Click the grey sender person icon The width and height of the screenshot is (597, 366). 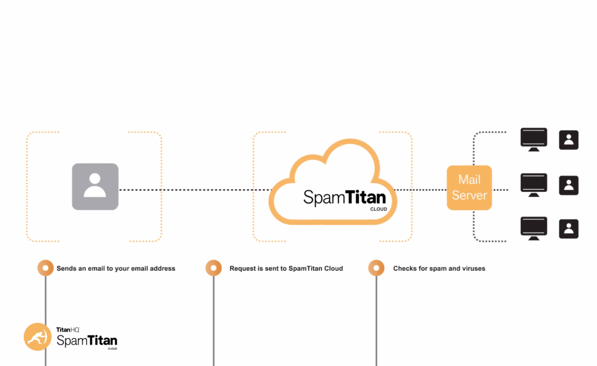pyautogui.click(x=95, y=187)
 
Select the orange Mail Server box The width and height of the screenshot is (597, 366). pyautogui.click(x=469, y=188)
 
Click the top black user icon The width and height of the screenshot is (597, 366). pyautogui.click(x=568, y=140)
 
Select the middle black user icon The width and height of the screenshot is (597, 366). pyautogui.click(x=568, y=185)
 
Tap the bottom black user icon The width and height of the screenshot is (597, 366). pyautogui.click(x=568, y=229)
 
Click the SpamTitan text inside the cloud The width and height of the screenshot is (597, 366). pyautogui.click(x=344, y=198)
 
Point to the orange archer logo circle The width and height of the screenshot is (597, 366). pyautogui.click(x=38, y=337)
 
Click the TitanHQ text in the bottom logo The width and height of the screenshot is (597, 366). pyautogui.click(x=68, y=330)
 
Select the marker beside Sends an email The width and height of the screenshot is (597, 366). pyautogui.click(x=45, y=268)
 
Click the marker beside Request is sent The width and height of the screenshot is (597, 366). pyautogui.click(x=213, y=268)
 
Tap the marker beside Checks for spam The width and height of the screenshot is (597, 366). pyautogui.click(x=376, y=268)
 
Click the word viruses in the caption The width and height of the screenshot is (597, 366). pyautogui.click(x=473, y=269)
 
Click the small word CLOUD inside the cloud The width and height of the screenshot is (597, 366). pyautogui.click(x=378, y=209)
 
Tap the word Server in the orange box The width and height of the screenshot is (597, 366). pyautogui.click(x=469, y=195)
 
